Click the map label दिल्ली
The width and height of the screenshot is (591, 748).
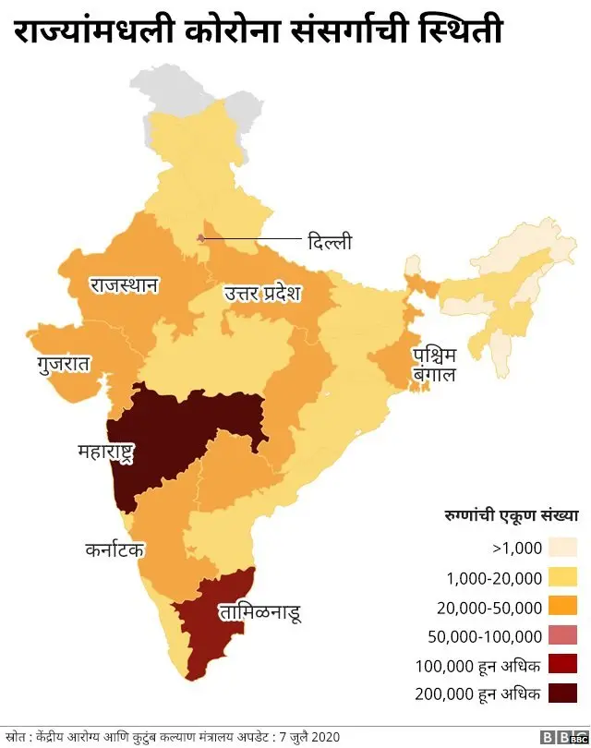click(330, 242)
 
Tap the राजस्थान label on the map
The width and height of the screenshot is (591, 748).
click(124, 284)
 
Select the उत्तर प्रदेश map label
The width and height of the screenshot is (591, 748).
click(263, 295)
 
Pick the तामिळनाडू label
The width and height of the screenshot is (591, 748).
click(259, 611)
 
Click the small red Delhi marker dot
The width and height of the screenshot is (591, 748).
click(200, 238)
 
